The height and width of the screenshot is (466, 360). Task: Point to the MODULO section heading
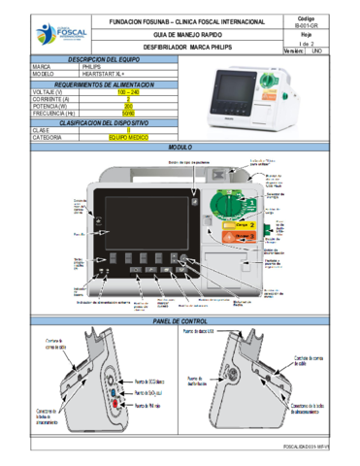(180, 147)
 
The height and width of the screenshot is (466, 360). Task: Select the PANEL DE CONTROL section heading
(180, 321)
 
